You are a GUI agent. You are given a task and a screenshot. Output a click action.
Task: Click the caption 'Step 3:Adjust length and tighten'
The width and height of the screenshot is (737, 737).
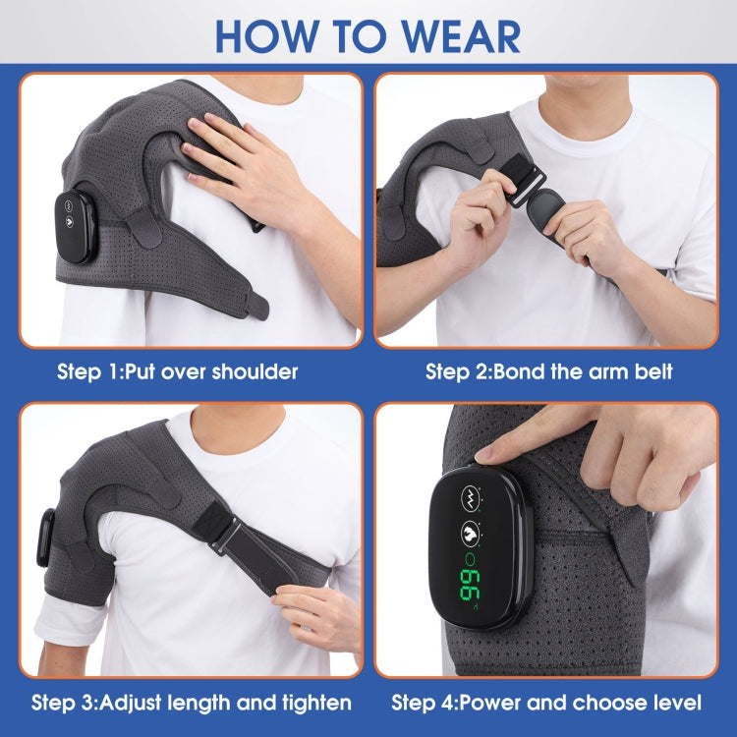click(191, 703)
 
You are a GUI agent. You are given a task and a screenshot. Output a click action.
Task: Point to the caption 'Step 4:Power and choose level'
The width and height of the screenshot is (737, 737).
click(546, 703)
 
